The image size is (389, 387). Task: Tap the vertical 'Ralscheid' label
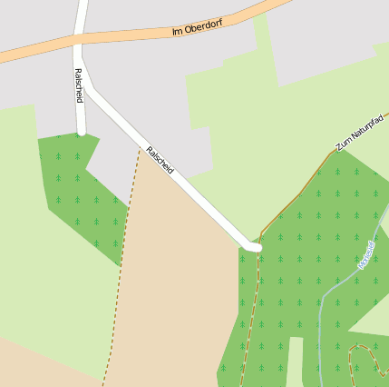pos(79,84)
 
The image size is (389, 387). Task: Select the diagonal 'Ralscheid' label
pos(160,161)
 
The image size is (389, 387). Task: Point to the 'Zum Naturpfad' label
pos(361,133)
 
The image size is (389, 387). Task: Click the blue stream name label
pos(365,254)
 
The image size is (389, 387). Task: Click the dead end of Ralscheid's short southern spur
pos(81,132)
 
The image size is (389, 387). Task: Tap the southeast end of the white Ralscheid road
pos(257,246)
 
